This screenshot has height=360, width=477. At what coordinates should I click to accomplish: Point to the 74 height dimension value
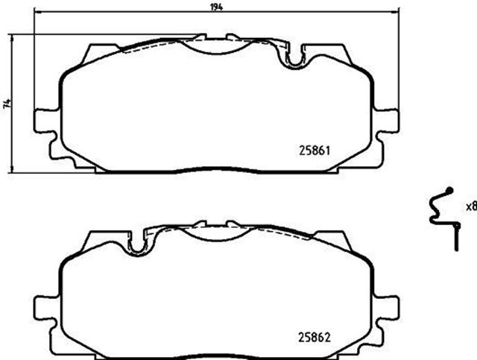7,104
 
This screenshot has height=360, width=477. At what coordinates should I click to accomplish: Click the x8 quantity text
470,206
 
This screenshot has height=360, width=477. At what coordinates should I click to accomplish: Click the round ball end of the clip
449,190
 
